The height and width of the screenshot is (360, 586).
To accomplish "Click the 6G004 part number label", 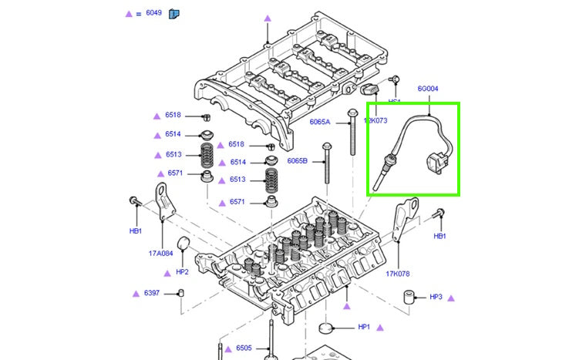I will click(428, 88).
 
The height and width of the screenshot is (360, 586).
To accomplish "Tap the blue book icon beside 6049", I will click(174, 13).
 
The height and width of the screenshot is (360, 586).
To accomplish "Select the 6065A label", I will click(319, 122).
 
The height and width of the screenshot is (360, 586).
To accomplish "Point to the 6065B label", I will click(297, 160).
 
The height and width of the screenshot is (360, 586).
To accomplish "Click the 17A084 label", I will click(160, 252).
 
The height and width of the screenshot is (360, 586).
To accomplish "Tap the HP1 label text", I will click(364, 327).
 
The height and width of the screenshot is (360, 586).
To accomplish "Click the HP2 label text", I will click(182, 271).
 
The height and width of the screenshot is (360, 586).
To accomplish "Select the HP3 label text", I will click(436, 297).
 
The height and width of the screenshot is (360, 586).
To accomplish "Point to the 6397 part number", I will click(151, 293).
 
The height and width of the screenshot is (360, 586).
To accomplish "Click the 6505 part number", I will click(244, 348).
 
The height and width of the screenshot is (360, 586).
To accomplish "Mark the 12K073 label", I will click(376, 121).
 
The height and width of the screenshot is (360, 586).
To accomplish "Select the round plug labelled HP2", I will click(184, 246).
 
